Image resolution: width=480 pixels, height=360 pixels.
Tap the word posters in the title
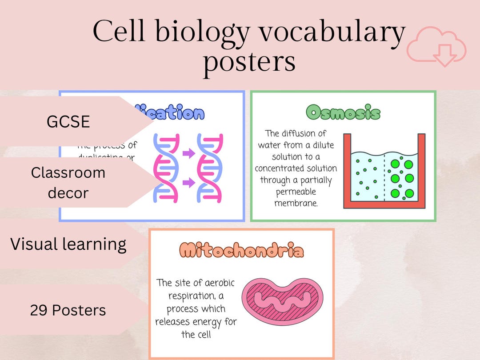[x=249, y=61]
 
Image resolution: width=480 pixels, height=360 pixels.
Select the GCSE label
[x=68, y=121]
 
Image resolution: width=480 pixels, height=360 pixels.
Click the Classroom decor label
[x=68, y=183]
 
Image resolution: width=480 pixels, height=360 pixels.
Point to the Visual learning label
[x=68, y=244]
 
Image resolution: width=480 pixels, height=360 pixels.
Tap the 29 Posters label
[x=68, y=310]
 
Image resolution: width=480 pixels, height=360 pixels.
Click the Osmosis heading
[x=343, y=112]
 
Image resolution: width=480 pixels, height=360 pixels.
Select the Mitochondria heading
[x=242, y=251]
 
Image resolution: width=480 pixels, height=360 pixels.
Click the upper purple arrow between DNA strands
[x=188, y=154]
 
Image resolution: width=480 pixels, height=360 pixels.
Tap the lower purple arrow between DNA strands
[x=188, y=183]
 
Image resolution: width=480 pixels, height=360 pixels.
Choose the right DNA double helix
[x=211, y=168]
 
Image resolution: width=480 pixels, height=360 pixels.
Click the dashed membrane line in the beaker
[x=384, y=178]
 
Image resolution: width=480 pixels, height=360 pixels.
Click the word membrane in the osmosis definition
[x=296, y=204]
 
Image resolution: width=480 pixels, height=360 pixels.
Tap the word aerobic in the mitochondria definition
[x=217, y=283]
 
